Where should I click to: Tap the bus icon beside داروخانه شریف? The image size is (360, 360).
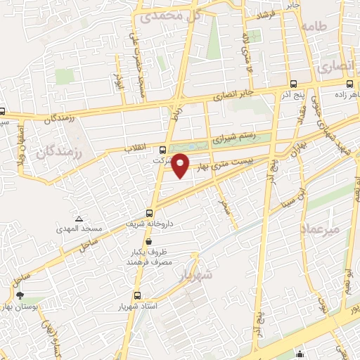pos(149,213)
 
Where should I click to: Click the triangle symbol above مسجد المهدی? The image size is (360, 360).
pos(79,219)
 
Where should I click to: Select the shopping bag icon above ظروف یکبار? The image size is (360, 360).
pos(147,241)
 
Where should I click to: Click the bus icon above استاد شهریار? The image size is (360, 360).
pos(136,296)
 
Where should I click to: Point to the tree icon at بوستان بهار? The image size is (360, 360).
pos(20,296)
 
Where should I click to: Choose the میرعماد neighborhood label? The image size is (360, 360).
pos(320,229)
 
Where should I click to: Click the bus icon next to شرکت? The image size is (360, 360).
pos(163,149)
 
